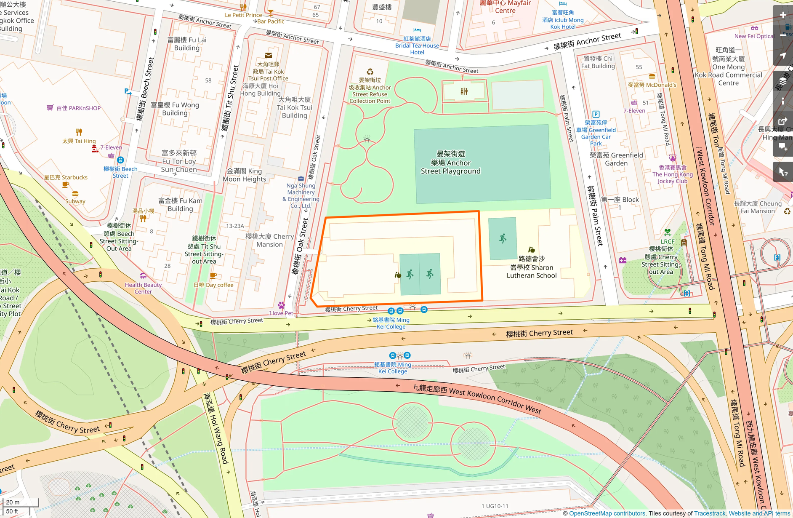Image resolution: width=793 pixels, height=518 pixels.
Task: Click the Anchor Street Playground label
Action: coord(450,163)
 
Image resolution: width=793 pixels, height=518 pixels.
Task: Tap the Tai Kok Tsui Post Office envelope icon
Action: coord(268,55)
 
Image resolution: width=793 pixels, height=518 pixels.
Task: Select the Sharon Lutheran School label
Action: coord(531,267)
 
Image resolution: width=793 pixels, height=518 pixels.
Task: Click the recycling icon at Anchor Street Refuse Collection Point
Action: coord(370,72)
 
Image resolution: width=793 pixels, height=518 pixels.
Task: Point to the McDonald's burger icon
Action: coord(652,77)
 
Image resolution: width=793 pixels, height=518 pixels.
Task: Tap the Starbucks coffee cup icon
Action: coord(65,184)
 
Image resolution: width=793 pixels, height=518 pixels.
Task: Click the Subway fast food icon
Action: coord(75,194)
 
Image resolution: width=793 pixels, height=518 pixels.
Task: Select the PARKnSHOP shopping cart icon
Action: coord(50,108)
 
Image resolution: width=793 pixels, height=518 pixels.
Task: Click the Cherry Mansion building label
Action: coord(269,240)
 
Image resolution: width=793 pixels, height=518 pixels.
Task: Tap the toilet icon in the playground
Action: coord(464,91)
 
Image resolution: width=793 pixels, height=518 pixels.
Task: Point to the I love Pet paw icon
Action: coord(281,305)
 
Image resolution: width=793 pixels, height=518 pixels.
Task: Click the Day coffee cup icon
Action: coord(213,276)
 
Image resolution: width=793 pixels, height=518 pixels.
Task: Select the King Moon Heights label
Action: coord(244,175)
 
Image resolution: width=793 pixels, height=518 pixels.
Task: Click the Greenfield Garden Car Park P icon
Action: coord(596,114)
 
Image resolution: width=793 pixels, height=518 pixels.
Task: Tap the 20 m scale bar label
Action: coord(13,502)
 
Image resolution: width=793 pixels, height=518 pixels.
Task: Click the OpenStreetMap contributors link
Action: coord(607,513)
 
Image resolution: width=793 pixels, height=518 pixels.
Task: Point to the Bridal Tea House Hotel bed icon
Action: coord(417,30)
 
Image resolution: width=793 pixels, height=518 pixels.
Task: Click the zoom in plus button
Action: coord(782,15)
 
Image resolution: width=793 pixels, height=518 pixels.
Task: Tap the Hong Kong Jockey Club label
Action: coord(672,174)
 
